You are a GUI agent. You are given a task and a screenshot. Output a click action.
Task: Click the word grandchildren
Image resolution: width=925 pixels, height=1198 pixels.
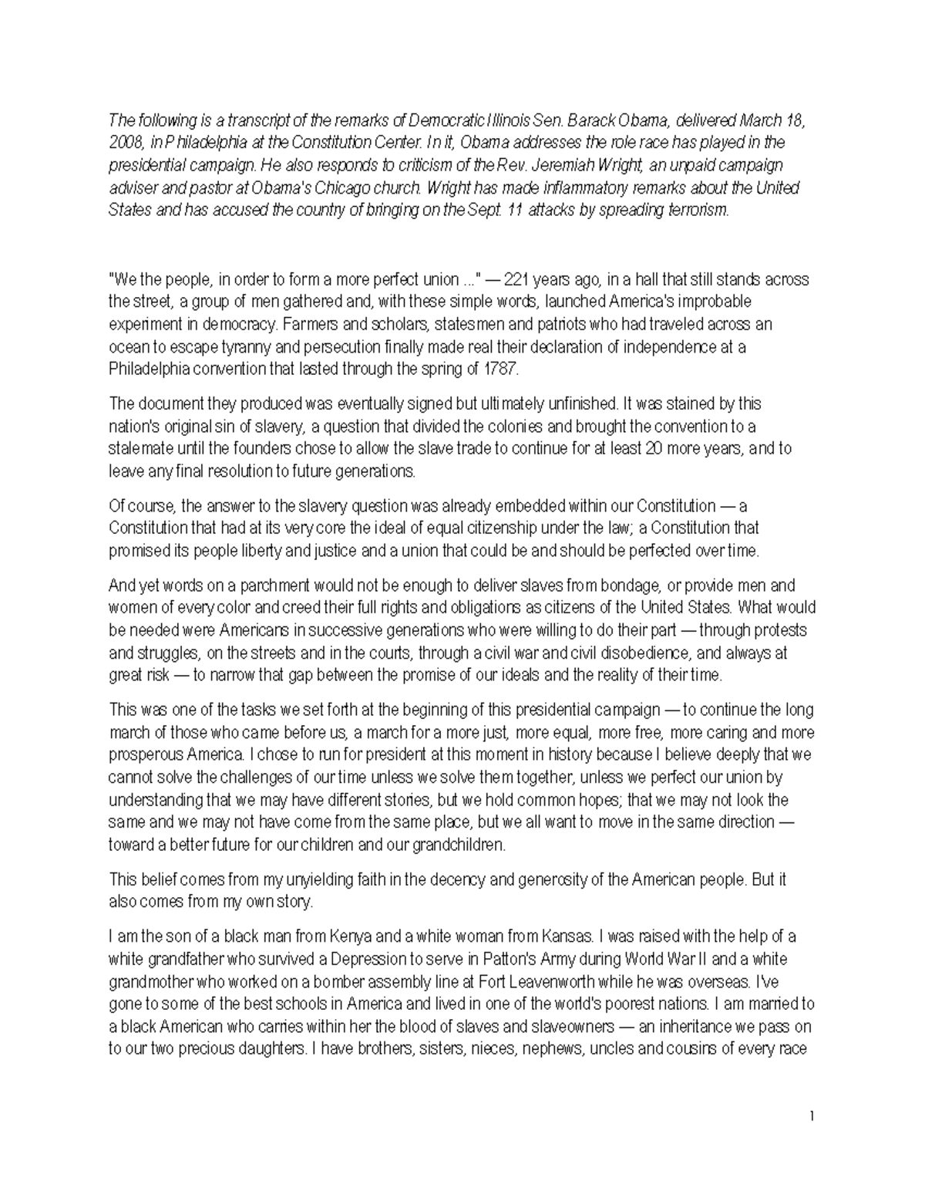tap(456, 845)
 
